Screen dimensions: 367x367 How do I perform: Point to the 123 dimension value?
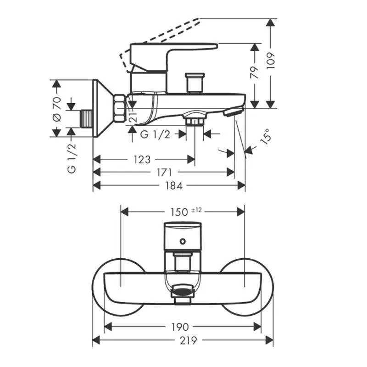coord(142,160)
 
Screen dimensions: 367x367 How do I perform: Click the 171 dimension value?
coord(164,172)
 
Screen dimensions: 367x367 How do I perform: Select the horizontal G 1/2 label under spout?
coord(155,134)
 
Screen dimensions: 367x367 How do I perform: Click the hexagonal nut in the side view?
coord(119,108)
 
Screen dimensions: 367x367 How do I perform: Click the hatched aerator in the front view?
coord(183,290)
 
